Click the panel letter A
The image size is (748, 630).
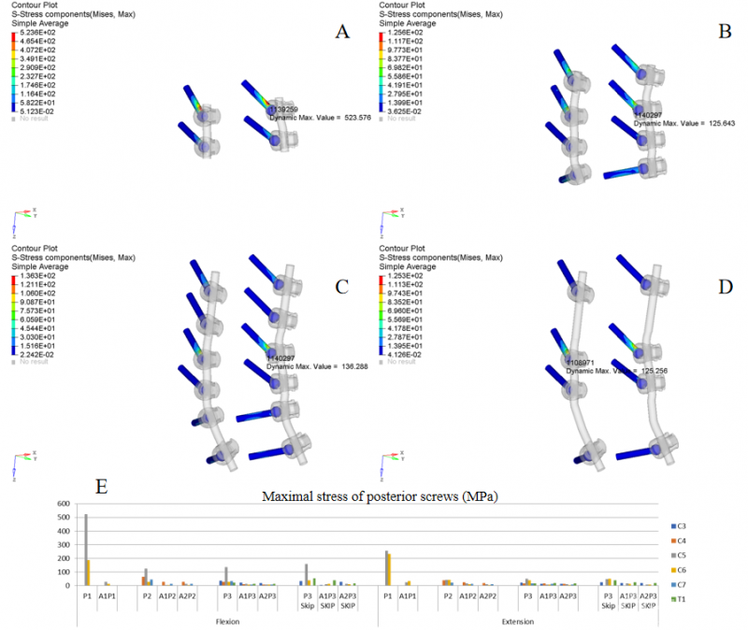pyautogui.click(x=342, y=32)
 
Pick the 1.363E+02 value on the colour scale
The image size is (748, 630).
pyautogui.click(x=36, y=276)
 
